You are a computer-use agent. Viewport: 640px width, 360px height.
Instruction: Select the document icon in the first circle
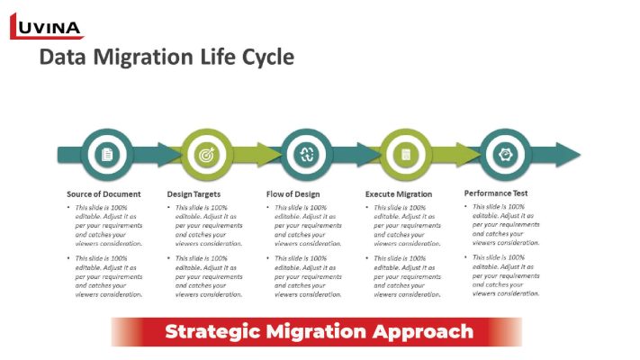click(107, 155)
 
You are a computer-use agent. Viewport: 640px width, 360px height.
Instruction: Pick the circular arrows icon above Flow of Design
click(306, 155)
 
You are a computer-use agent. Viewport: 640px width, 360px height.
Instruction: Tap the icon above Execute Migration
click(406, 155)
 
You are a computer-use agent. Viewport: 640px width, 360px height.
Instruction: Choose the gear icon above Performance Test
click(505, 155)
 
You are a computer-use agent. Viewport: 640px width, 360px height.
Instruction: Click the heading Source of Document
click(104, 194)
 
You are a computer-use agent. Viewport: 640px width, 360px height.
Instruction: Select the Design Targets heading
click(194, 194)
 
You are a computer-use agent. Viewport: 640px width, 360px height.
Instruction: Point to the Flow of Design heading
click(294, 194)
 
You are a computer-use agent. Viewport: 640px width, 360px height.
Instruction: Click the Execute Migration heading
click(399, 194)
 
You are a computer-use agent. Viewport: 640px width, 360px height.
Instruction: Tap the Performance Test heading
click(495, 193)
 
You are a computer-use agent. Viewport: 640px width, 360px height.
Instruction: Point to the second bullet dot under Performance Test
click(466, 257)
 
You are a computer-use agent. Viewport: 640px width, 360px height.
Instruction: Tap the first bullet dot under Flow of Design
click(268, 209)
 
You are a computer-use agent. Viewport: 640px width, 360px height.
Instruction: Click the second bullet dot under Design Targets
click(169, 259)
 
